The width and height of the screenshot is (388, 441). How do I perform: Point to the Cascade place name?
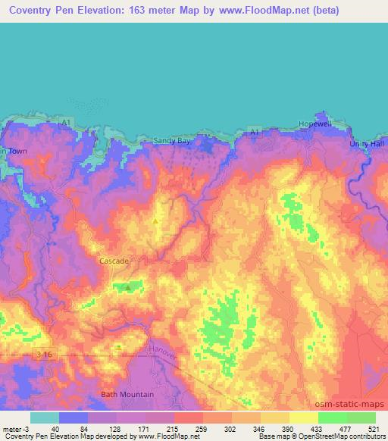click(x=114, y=261)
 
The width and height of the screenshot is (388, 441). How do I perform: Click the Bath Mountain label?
click(x=127, y=394)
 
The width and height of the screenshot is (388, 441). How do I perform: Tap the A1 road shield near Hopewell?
click(x=255, y=132)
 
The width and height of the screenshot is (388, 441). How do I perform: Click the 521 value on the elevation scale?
click(x=372, y=429)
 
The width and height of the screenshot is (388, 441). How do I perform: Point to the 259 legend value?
click(x=187, y=429)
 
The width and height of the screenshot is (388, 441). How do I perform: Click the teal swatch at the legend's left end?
click(x=45, y=418)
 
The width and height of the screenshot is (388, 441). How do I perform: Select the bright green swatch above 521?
click(x=361, y=418)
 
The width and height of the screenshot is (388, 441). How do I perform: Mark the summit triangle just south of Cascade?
click(x=128, y=288)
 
